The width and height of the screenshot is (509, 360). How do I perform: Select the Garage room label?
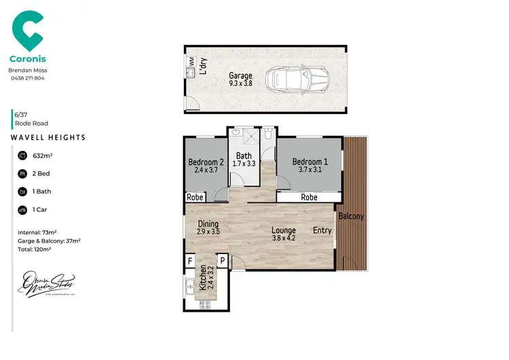240,79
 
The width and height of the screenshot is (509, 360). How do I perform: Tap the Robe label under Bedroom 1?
309,197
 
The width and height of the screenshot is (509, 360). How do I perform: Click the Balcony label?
352,217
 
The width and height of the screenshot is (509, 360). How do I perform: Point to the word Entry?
322,230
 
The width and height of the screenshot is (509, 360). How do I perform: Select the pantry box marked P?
222,259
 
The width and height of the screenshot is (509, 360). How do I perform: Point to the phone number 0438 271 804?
27,78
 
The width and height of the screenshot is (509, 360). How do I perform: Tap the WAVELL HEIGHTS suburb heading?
48,137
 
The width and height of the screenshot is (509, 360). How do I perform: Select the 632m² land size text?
43,156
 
